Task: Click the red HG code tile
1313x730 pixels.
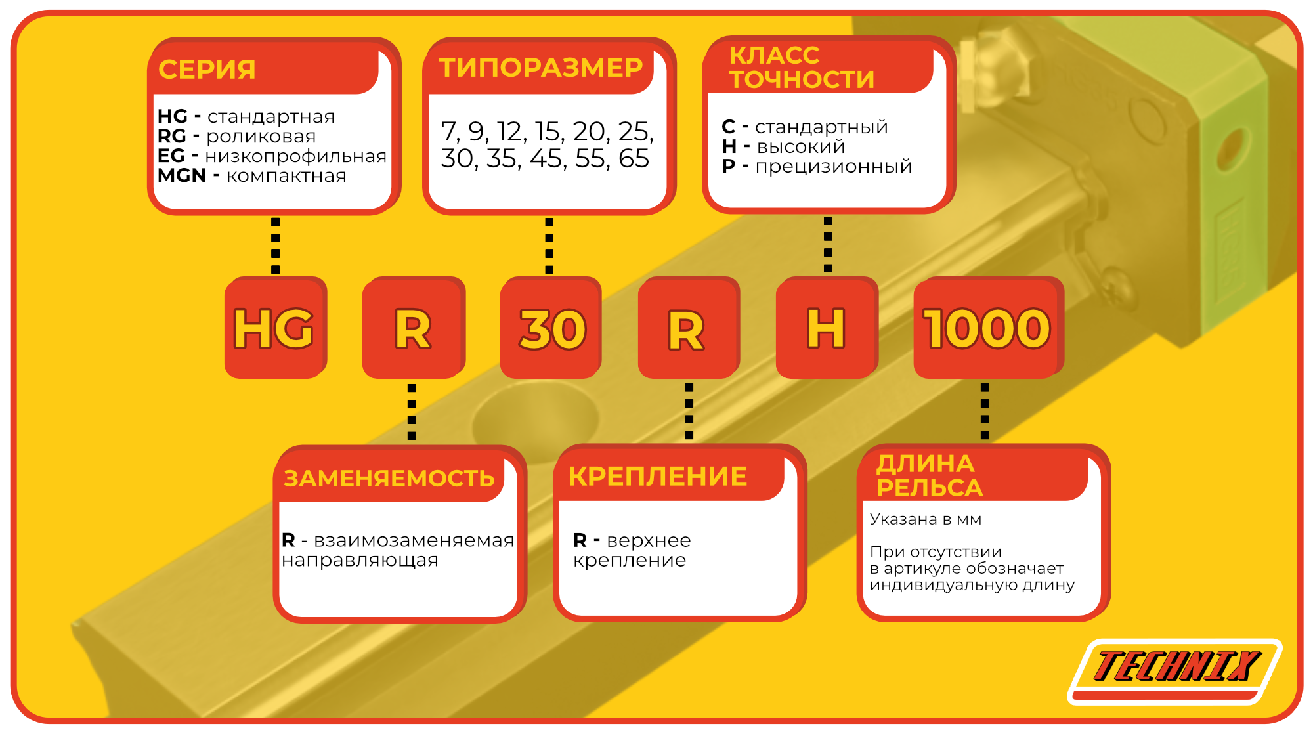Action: tap(275, 328)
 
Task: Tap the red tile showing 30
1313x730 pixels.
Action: tap(551, 328)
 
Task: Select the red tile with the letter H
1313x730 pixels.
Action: tap(827, 328)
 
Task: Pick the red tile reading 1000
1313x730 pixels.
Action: tap(988, 328)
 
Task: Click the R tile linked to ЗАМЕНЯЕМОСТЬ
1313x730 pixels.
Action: tap(414, 328)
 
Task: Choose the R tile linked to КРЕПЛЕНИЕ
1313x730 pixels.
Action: tap(688, 328)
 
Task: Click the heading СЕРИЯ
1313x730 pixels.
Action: tap(207, 70)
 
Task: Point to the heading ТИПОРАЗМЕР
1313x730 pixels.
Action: tap(541, 68)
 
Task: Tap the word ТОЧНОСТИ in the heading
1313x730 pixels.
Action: tap(802, 80)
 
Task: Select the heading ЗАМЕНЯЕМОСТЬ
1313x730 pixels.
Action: tap(389, 479)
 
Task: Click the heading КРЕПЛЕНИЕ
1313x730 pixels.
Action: tap(658, 477)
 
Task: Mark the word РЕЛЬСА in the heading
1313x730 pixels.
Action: tap(930, 488)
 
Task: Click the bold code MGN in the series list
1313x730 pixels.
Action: tap(182, 176)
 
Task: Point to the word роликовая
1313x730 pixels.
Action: tap(261, 137)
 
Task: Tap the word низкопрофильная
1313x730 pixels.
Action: tap(296, 156)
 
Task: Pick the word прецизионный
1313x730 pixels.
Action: tap(834, 167)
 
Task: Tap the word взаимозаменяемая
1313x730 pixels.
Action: tap(414, 540)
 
